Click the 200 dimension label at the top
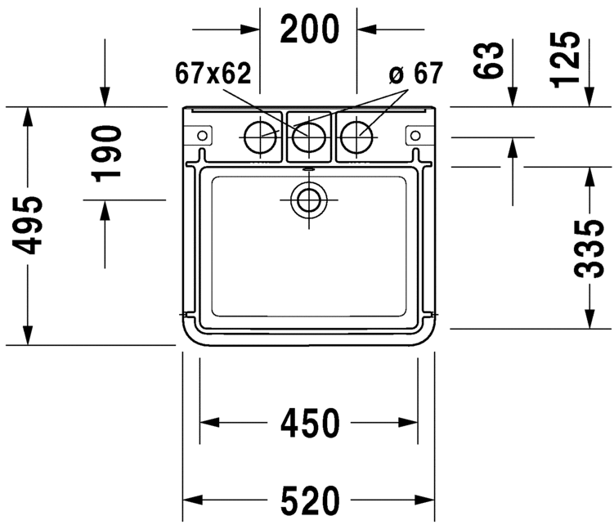click(x=309, y=29)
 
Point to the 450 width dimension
click(x=309, y=423)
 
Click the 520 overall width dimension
click(x=309, y=498)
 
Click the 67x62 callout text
click(x=213, y=74)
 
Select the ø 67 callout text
click(x=415, y=74)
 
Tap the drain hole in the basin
click(x=308, y=198)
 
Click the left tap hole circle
click(x=261, y=136)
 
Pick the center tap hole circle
click(x=308, y=136)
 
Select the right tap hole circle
click(x=356, y=136)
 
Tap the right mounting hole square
click(x=415, y=133)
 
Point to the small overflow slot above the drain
click(x=308, y=170)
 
